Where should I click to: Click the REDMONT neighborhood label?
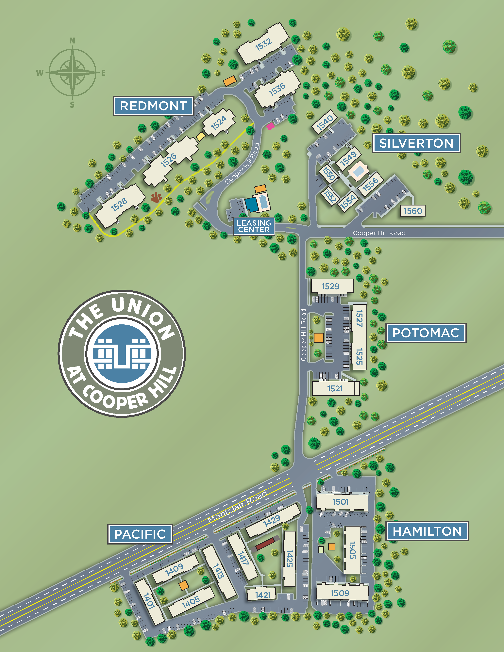153,106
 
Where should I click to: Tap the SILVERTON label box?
416,143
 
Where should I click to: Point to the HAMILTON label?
427,531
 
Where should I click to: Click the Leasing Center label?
254,226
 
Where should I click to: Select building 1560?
413,211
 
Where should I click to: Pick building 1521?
335,388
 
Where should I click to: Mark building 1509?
340,593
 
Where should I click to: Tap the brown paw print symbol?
156,197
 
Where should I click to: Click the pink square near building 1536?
271,126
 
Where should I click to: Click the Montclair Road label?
237,507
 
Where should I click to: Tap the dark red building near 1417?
265,544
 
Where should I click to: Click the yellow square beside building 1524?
201,137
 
